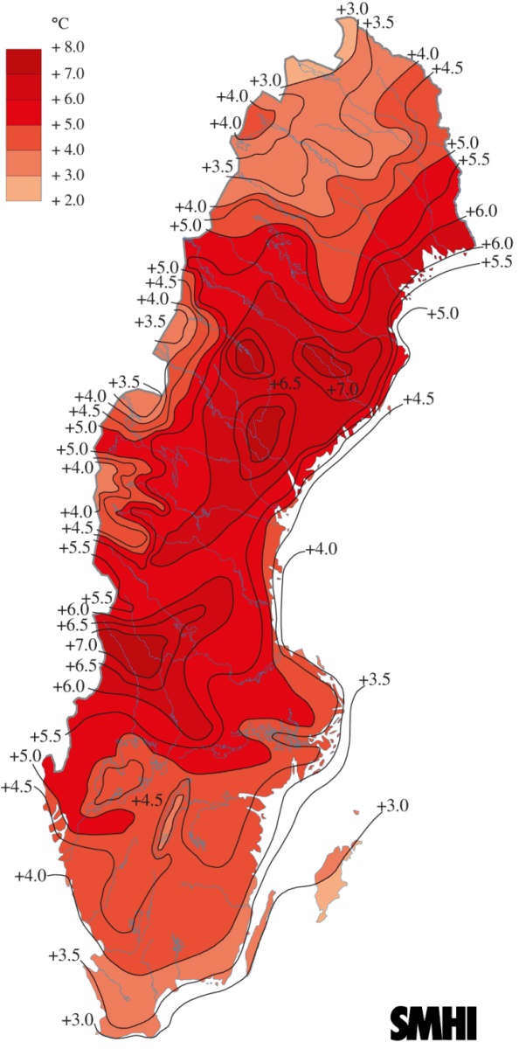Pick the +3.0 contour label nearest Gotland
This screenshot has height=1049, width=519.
point(392,805)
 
